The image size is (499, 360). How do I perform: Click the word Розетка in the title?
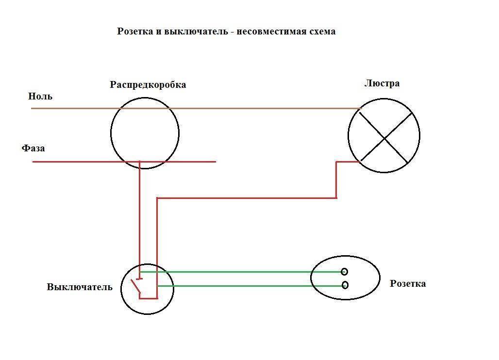tap(135, 32)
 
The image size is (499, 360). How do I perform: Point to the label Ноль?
tap(40, 96)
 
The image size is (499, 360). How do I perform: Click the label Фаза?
tap(33, 148)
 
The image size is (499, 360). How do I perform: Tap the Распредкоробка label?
tap(148, 85)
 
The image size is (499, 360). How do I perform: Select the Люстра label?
tap(382, 83)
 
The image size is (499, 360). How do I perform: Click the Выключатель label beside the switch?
tap(80, 287)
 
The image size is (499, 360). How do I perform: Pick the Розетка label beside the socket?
tap(408, 283)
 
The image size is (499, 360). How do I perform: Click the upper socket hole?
tap(344, 272)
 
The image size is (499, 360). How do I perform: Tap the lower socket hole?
tap(345, 285)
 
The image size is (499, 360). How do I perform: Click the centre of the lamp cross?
tap(384, 138)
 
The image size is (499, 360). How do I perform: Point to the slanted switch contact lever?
tap(136, 286)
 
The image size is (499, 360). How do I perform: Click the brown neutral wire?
tap(197, 109)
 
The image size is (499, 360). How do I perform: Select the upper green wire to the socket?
tap(241, 272)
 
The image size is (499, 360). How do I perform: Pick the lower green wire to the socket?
tap(250, 286)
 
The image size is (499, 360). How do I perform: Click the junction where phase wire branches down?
tap(139, 162)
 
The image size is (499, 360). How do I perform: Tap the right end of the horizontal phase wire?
tap(216, 162)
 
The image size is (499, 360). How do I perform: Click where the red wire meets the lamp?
tap(360, 162)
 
